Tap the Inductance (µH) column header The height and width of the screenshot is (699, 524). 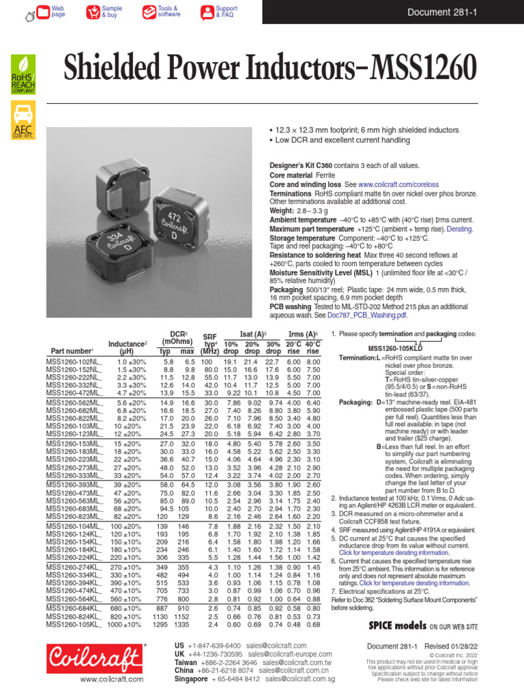[127, 347]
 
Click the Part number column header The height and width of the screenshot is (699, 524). [72, 351]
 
